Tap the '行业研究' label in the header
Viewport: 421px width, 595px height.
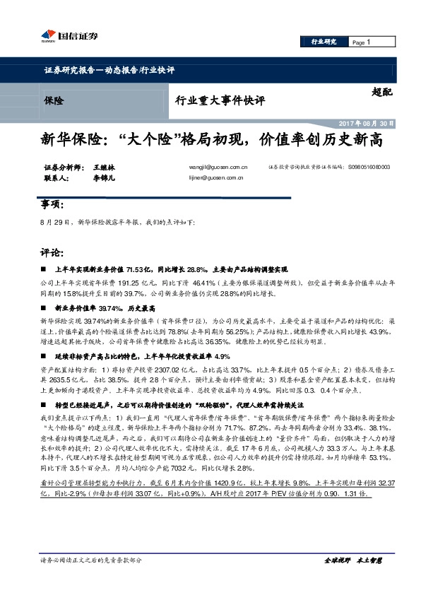point(325,42)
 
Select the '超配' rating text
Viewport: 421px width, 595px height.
point(382,93)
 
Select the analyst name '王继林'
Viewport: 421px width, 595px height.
point(103,167)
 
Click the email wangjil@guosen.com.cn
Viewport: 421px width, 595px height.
point(218,167)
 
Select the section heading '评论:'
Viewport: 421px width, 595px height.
point(54,252)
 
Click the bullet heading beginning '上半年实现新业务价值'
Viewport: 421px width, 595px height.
point(171,269)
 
